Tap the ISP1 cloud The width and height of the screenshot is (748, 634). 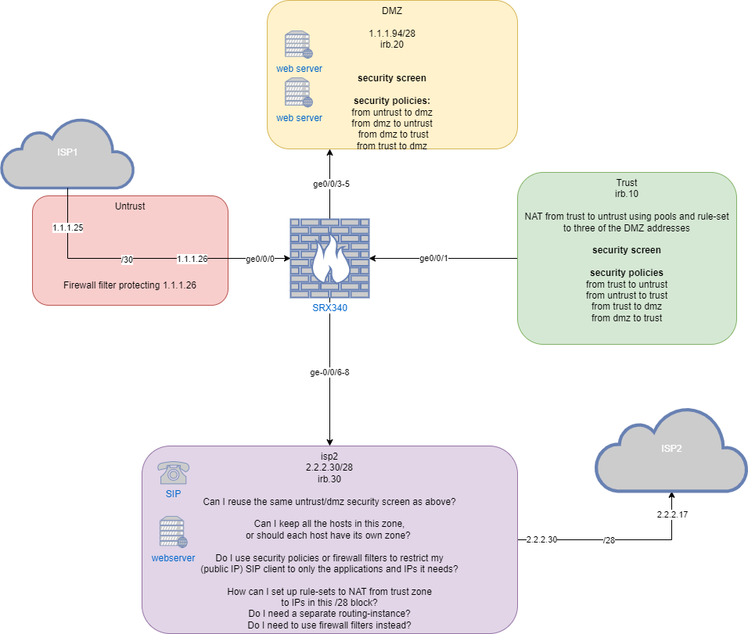[67, 155]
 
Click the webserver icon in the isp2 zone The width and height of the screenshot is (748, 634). [173, 532]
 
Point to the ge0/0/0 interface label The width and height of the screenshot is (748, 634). [261, 258]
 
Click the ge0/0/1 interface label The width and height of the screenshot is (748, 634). [435, 258]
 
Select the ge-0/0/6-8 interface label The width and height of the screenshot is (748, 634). [329, 372]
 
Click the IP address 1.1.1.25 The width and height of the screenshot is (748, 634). [67, 228]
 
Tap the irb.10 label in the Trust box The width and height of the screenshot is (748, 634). [627, 192]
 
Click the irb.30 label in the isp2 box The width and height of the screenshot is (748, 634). [329, 478]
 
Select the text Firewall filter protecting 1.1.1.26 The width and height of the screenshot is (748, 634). [130, 285]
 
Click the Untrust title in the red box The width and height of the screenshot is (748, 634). [130, 206]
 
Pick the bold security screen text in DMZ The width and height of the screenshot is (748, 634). [392, 78]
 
